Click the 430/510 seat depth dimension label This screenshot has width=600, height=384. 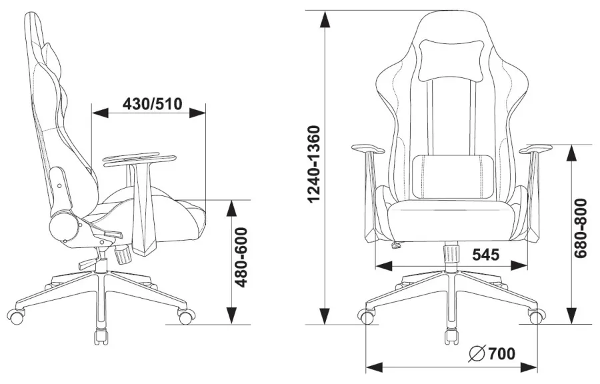tap(152, 103)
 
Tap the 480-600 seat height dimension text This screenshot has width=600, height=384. tap(241, 257)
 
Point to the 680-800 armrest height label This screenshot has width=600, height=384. tap(581, 228)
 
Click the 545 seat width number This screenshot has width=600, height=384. tap(485, 255)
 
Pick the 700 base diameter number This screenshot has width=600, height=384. tap(501, 354)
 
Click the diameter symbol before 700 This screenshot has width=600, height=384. tap(477, 354)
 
